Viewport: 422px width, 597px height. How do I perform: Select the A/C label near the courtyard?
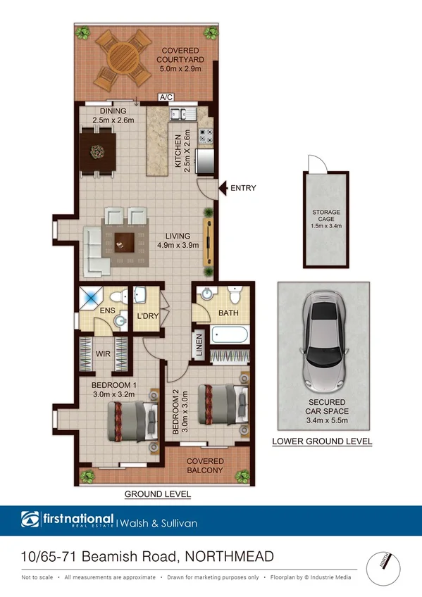[x=166, y=97]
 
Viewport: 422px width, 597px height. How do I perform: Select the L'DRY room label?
[x=147, y=316]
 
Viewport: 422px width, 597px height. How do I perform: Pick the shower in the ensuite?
[x=92, y=297]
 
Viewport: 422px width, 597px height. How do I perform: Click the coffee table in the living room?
[x=125, y=241]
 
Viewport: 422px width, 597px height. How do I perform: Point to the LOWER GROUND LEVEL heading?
[x=322, y=441]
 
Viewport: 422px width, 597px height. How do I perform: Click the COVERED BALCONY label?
[x=204, y=465]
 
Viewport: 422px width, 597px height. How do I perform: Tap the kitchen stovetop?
[x=206, y=135]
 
